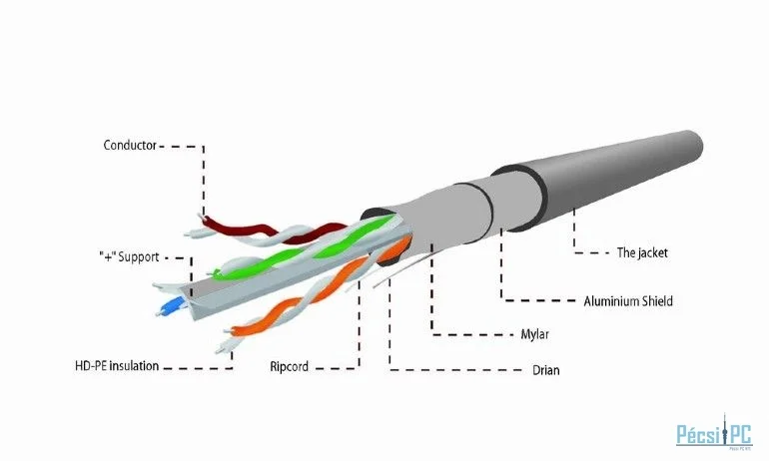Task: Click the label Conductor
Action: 130,145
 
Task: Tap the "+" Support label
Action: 129,256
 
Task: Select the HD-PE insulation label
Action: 117,366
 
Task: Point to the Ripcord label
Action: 289,366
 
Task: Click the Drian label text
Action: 546,370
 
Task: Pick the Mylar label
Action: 534,334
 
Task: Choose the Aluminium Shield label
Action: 628,300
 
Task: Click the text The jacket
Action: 642,252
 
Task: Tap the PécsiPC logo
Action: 714,432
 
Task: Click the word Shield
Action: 657,300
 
